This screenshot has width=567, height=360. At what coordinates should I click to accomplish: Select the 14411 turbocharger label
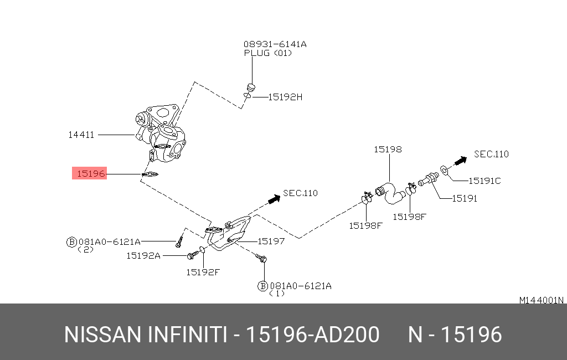pyautogui.click(x=81, y=135)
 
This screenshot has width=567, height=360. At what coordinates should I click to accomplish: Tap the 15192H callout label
pyautogui.click(x=285, y=96)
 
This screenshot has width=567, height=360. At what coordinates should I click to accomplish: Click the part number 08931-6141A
pyautogui.click(x=275, y=44)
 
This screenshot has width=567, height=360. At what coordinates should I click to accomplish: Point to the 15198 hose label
pyautogui.click(x=388, y=149)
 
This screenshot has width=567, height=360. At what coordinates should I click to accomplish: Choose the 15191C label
pyautogui.click(x=484, y=181)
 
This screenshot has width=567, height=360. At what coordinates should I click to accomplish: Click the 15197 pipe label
pyautogui.click(x=271, y=241)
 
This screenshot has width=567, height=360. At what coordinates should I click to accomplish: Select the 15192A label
pyautogui.click(x=143, y=255)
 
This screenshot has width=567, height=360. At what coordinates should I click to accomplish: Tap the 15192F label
pyautogui.click(x=203, y=272)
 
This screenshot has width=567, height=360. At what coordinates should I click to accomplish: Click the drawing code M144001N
pyautogui.click(x=541, y=300)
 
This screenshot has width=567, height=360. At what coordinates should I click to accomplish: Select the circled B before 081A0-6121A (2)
pyautogui.click(x=71, y=241)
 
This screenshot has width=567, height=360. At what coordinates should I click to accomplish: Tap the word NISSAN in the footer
pyautogui.click(x=102, y=335)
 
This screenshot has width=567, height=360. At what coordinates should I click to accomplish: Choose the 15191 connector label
pyautogui.click(x=464, y=198)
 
